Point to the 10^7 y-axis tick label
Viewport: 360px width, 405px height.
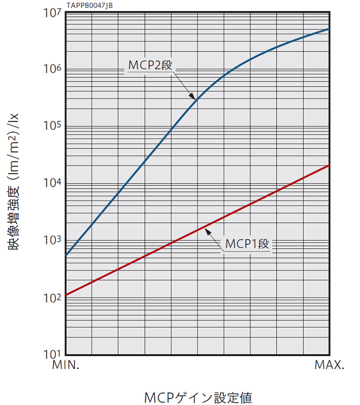click(53, 13)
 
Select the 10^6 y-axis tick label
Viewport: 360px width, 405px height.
click(53, 70)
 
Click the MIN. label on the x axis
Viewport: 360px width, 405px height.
click(65, 366)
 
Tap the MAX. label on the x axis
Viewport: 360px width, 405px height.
click(330, 366)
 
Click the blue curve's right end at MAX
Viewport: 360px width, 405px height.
click(329, 29)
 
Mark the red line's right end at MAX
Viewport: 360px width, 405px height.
click(329, 165)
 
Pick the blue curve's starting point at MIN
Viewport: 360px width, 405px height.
click(66, 256)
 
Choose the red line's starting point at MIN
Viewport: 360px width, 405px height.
click(66, 295)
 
